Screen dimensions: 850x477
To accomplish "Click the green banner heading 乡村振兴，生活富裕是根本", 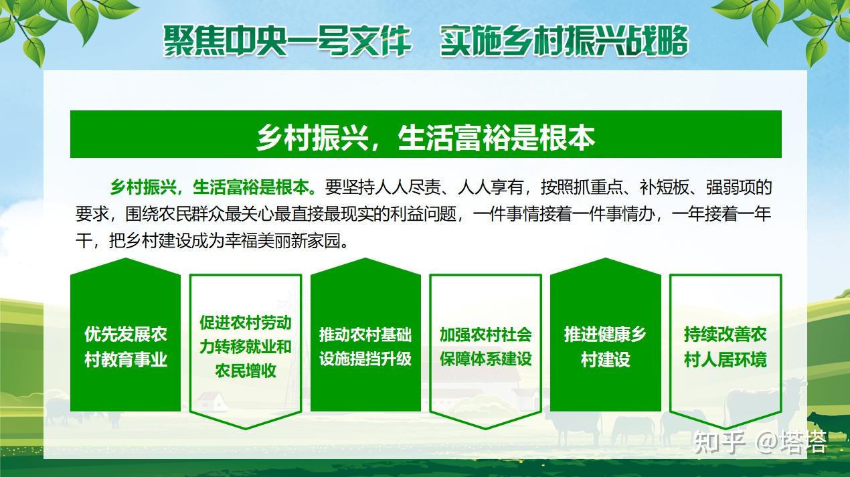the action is [426, 134].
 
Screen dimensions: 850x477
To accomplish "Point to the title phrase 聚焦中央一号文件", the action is [288, 41].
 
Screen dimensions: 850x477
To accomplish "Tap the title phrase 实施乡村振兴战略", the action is [564, 41].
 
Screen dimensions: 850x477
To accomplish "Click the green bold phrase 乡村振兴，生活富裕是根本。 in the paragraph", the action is [214, 187].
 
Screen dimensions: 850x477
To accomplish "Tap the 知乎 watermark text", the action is [719, 442].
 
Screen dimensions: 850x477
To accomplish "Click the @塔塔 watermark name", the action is [791, 442].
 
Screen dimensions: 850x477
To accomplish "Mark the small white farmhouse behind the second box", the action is [213, 401].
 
